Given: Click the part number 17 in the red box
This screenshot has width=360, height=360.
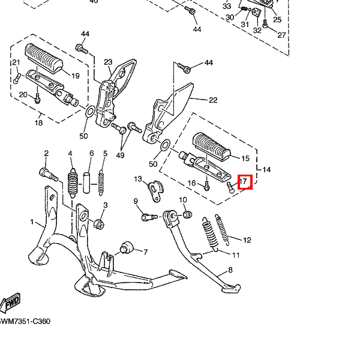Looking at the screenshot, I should (x=244, y=181).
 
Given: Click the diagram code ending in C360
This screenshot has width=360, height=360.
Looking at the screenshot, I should (x=25, y=322).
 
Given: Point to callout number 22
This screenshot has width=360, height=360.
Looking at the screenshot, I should (x=212, y=100).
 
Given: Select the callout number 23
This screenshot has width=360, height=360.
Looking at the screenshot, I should (x=108, y=62).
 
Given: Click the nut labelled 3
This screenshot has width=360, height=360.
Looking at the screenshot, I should (x=99, y=224).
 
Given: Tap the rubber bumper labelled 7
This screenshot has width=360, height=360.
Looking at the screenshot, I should (x=127, y=247).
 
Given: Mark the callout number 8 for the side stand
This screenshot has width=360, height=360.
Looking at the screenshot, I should (x=230, y=271).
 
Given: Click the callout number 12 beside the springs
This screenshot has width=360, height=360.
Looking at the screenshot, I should (x=247, y=241).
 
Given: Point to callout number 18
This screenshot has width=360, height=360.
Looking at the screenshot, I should (x=38, y=124).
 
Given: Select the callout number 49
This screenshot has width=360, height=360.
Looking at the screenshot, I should (x=120, y=156).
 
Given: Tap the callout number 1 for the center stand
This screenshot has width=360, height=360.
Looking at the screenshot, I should (x=32, y=222).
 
